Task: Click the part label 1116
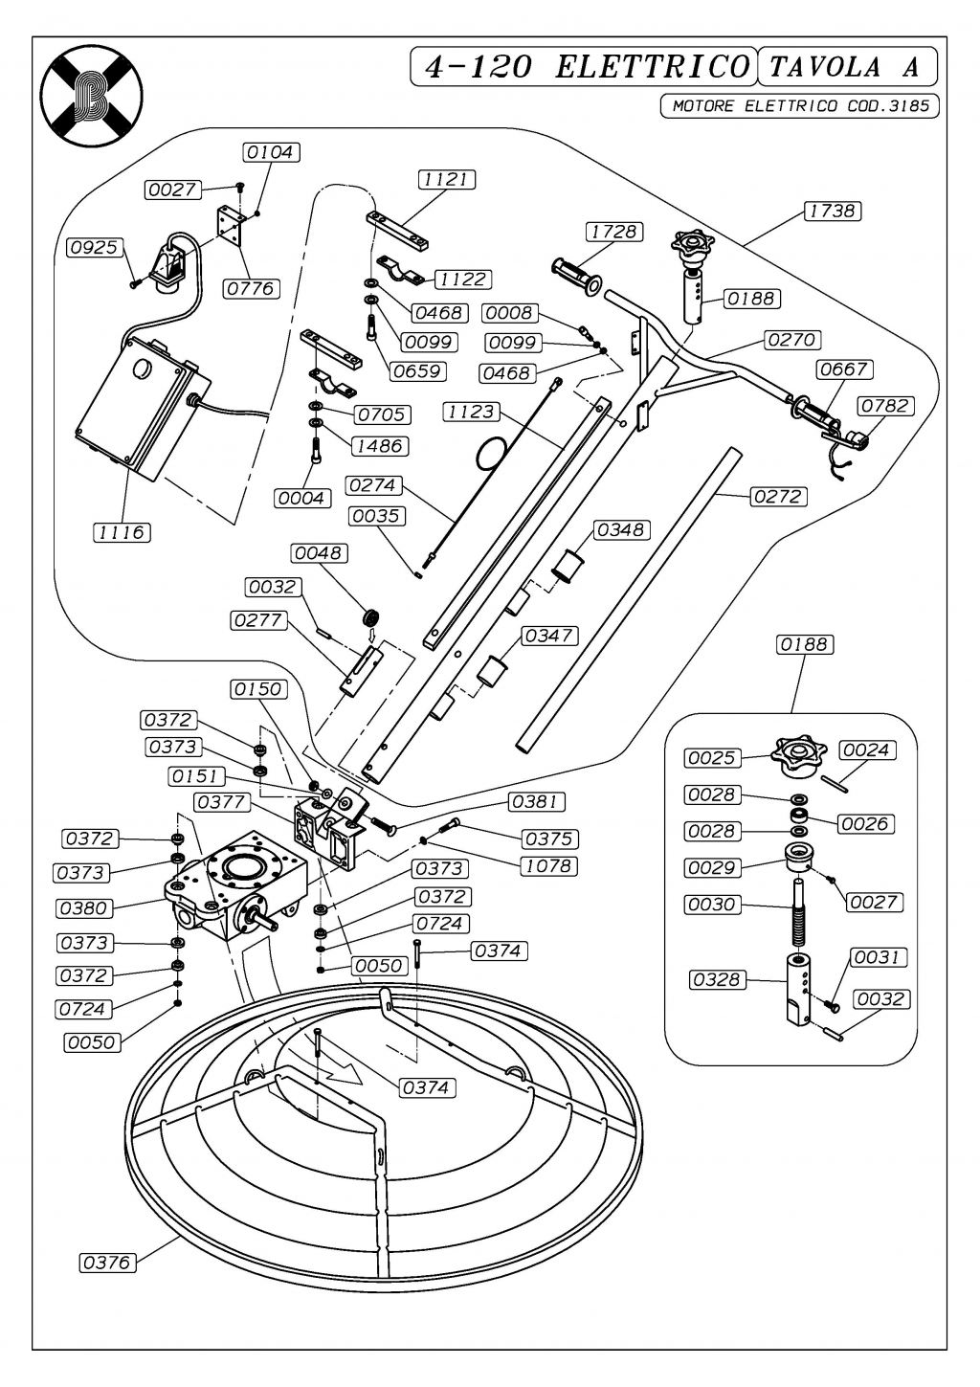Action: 122,532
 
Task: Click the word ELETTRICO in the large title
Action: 653,67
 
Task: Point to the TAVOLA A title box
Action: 846,67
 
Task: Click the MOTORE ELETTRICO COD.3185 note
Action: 800,106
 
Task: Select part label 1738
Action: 832,211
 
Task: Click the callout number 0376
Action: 106,1263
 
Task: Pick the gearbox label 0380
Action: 84,907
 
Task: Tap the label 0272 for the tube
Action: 779,497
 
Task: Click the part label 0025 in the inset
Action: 712,758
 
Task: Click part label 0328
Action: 717,979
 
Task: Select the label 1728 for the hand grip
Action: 613,232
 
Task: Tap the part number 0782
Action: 885,406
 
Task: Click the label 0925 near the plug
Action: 95,248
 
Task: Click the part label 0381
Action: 537,802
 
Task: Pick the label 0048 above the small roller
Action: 319,553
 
